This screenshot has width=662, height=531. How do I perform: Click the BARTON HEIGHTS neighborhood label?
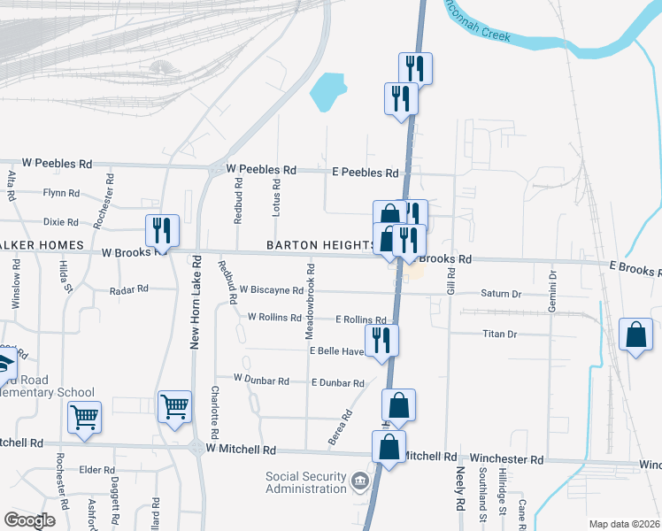320,244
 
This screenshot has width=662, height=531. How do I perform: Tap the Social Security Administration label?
306,482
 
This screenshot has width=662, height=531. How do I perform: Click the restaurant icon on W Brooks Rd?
162,230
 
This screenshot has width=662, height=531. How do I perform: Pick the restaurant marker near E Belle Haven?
382,341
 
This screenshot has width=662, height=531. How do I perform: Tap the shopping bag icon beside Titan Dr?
635,335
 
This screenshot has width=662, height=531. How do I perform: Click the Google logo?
29,519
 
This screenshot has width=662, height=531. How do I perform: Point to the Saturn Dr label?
502,294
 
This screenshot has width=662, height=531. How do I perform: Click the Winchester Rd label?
507,459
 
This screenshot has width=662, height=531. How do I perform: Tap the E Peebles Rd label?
365,173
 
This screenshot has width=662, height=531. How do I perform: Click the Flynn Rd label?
61,192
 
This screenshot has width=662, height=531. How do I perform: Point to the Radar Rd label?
129,289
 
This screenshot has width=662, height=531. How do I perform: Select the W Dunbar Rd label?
261,380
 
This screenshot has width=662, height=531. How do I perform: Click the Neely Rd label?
460,491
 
